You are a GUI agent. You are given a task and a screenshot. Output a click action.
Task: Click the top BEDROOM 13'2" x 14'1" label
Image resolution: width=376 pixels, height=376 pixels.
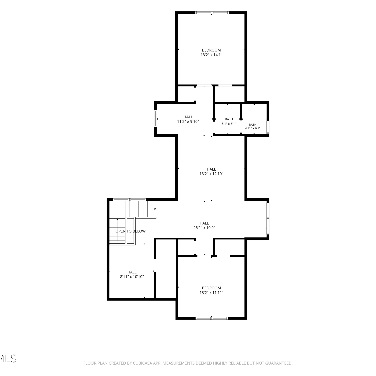click(211, 52)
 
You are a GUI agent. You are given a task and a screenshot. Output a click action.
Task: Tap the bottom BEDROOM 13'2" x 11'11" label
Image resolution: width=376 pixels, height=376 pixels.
click(211, 290)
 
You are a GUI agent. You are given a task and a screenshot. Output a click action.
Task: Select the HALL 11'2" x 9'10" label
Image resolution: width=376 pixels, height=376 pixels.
click(188, 119)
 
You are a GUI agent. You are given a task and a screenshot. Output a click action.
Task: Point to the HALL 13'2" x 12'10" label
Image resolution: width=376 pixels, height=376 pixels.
click(211, 171)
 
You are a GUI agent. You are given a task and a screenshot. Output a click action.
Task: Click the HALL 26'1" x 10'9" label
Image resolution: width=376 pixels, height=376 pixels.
click(204, 225)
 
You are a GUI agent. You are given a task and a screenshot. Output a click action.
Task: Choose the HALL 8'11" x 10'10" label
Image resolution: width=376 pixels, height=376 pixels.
click(132, 274)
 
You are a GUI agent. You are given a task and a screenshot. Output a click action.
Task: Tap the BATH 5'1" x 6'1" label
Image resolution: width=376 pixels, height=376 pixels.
click(229, 121)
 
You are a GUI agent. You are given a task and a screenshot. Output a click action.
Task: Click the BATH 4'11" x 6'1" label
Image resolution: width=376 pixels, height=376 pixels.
click(253, 126)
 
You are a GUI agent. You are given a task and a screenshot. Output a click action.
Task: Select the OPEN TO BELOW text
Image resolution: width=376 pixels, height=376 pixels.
click(130, 231)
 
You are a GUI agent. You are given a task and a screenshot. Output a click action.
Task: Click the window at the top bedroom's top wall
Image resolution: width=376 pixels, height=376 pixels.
click(212, 12)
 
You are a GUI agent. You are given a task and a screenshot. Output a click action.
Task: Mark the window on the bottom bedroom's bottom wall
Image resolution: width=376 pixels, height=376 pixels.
click(212, 318)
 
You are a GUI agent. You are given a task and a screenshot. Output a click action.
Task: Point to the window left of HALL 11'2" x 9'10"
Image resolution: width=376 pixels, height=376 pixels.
click(155, 119)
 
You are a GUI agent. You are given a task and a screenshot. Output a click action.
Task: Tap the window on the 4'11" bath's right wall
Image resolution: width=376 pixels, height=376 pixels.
click(268, 127)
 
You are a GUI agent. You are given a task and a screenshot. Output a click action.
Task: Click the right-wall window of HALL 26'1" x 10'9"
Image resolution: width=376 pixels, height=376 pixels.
click(268, 218)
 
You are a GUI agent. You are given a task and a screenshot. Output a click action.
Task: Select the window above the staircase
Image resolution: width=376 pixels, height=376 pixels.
click(129, 199)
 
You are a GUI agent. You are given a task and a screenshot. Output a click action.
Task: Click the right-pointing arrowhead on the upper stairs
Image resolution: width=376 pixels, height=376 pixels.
click(155, 209)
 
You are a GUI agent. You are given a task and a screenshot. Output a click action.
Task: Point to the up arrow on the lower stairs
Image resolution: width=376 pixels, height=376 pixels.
click(117, 220)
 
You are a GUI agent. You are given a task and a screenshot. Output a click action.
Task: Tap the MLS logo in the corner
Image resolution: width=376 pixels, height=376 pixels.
click(8, 359)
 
